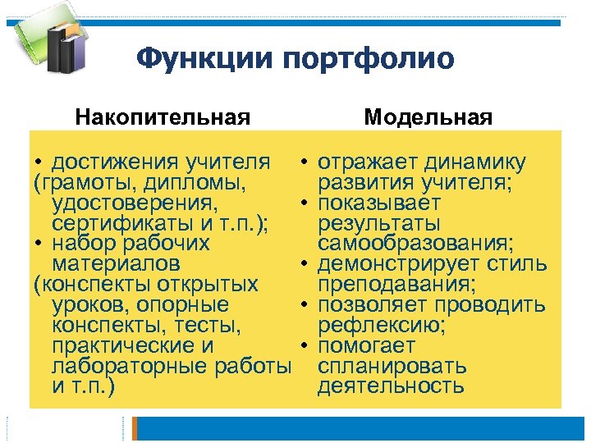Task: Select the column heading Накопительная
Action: [x=163, y=116]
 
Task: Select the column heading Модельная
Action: [x=428, y=116]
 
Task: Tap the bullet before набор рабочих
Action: [x=39, y=244]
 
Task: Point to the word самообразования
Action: [x=416, y=244]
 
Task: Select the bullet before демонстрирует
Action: [x=304, y=264]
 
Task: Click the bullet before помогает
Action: [x=304, y=345]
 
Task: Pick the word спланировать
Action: [x=392, y=366]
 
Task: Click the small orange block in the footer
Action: [x=138, y=427]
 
